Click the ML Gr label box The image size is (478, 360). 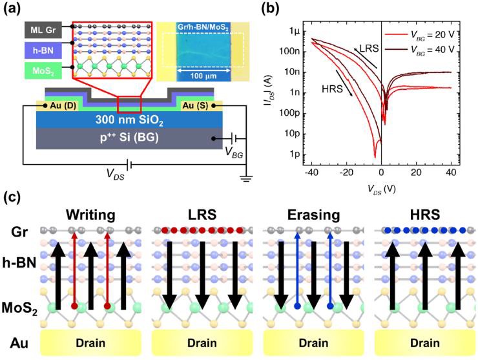click(x=45, y=29)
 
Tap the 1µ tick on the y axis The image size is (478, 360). click(x=294, y=31)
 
